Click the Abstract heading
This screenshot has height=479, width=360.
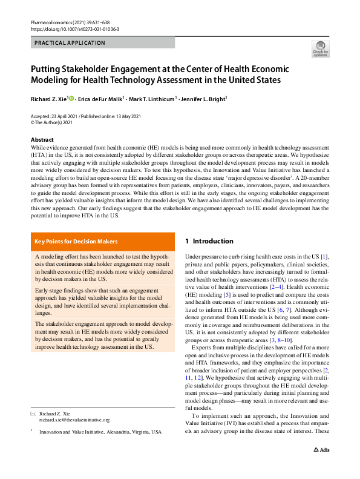coord(42,140)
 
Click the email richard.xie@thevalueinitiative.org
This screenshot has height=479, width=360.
coord(74,419)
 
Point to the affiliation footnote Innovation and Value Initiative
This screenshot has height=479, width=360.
coord(100,432)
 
